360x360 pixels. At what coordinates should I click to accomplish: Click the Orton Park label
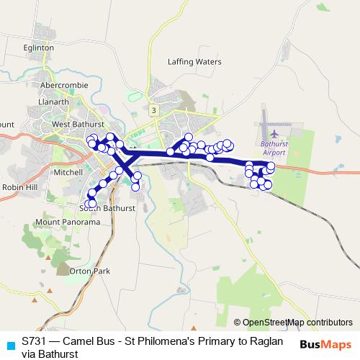[90, 271]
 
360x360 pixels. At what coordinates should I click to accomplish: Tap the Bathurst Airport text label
[274, 148]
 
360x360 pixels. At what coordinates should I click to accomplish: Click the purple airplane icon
[274, 133]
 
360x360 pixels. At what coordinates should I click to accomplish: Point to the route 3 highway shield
[153, 109]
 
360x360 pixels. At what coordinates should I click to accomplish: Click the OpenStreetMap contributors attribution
[297, 323]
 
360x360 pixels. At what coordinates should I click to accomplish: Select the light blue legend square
[9, 344]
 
